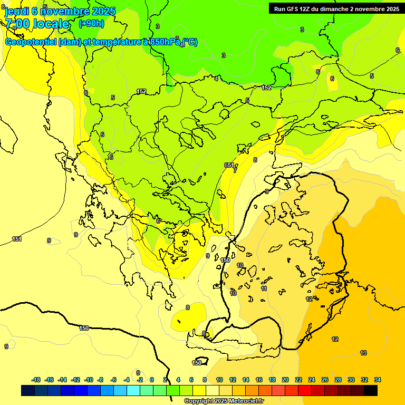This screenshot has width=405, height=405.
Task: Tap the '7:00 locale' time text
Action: [37, 24]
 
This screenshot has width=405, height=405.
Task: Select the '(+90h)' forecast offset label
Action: [91, 24]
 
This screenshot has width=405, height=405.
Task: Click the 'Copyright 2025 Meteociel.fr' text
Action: [224, 401]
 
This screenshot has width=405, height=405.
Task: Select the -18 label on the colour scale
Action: [36, 380]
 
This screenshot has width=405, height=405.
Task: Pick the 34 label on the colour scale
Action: [378, 380]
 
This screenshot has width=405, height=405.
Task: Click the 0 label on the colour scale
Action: [151, 380]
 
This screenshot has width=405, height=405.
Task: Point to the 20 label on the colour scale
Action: [285, 380]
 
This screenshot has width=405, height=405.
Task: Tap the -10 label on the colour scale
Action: [88, 380]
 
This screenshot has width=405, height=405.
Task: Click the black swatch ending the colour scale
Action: [371, 390]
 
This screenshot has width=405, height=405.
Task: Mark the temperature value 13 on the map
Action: [363, 353]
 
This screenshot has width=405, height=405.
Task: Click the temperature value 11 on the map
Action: [264, 288]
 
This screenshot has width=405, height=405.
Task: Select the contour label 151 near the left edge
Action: [17, 239]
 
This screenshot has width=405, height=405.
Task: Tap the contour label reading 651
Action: [229, 165]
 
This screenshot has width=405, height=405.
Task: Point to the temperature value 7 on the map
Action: [235, 170]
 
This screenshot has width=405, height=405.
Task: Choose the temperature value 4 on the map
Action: [216, 79]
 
